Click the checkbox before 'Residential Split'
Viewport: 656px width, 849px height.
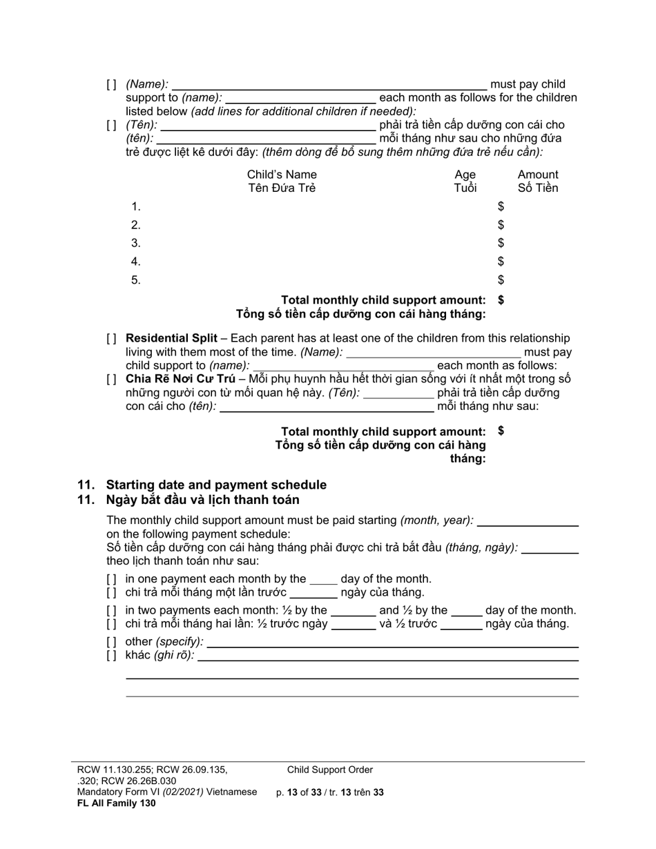(x=112, y=338)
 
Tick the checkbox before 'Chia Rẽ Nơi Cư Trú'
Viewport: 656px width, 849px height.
(x=112, y=379)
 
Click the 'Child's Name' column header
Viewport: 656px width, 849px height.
(x=282, y=175)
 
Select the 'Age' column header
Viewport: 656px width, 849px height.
(x=465, y=175)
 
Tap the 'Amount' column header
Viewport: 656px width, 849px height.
(x=538, y=175)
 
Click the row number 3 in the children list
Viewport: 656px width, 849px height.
(x=136, y=243)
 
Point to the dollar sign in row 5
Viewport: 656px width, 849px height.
(x=501, y=280)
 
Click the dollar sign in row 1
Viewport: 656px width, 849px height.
(x=501, y=206)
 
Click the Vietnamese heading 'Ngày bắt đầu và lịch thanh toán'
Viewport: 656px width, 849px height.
(x=202, y=500)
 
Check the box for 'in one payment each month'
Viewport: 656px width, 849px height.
(x=112, y=579)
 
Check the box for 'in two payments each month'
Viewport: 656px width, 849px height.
(x=112, y=610)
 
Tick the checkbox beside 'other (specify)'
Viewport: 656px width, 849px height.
(x=112, y=641)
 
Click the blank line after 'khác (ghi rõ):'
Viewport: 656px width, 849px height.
(x=388, y=656)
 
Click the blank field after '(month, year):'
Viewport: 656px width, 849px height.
(x=528, y=520)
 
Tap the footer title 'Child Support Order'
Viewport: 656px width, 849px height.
(x=330, y=770)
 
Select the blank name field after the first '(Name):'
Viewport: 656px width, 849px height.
(x=329, y=84)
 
